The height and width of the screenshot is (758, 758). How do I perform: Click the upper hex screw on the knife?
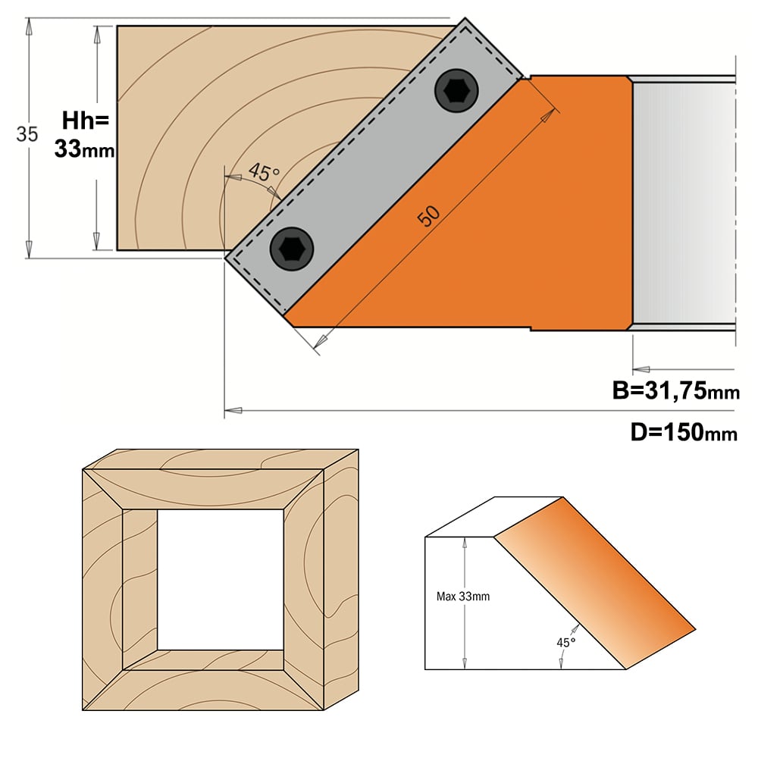pyautogui.click(x=456, y=90)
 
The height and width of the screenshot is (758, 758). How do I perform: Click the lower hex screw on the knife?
pyautogui.click(x=292, y=249)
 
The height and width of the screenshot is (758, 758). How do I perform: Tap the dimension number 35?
pyautogui.click(x=27, y=134)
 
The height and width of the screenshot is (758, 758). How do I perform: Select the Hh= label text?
pyautogui.click(x=86, y=121)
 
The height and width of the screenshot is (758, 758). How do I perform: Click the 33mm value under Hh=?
pyautogui.click(x=84, y=149)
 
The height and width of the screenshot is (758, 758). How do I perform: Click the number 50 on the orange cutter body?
pyautogui.click(x=429, y=215)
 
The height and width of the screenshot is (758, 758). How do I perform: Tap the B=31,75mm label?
pyautogui.click(x=676, y=390)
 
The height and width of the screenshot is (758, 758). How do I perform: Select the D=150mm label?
pyautogui.click(x=684, y=432)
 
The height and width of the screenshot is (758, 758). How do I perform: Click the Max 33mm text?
pyautogui.click(x=462, y=597)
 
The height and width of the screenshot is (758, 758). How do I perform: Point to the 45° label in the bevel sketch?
pyautogui.click(x=566, y=643)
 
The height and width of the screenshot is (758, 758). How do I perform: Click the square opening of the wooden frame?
pyautogui.click(x=221, y=580)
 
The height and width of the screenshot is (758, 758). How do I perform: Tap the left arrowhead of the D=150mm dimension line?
pyautogui.click(x=233, y=410)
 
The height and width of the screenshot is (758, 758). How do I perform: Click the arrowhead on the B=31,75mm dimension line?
pyautogui.click(x=641, y=369)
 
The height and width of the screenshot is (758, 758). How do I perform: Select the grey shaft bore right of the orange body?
pyautogui.click(x=684, y=203)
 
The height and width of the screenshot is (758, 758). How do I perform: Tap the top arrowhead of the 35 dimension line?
pyautogui.click(x=29, y=26)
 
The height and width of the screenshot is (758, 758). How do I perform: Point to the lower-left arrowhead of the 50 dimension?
pyautogui.click(x=320, y=340)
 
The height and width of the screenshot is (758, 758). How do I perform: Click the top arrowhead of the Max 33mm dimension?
pyautogui.click(x=465, y=543)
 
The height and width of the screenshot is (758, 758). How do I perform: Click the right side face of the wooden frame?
pyautogui.click(x=341, y=580)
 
